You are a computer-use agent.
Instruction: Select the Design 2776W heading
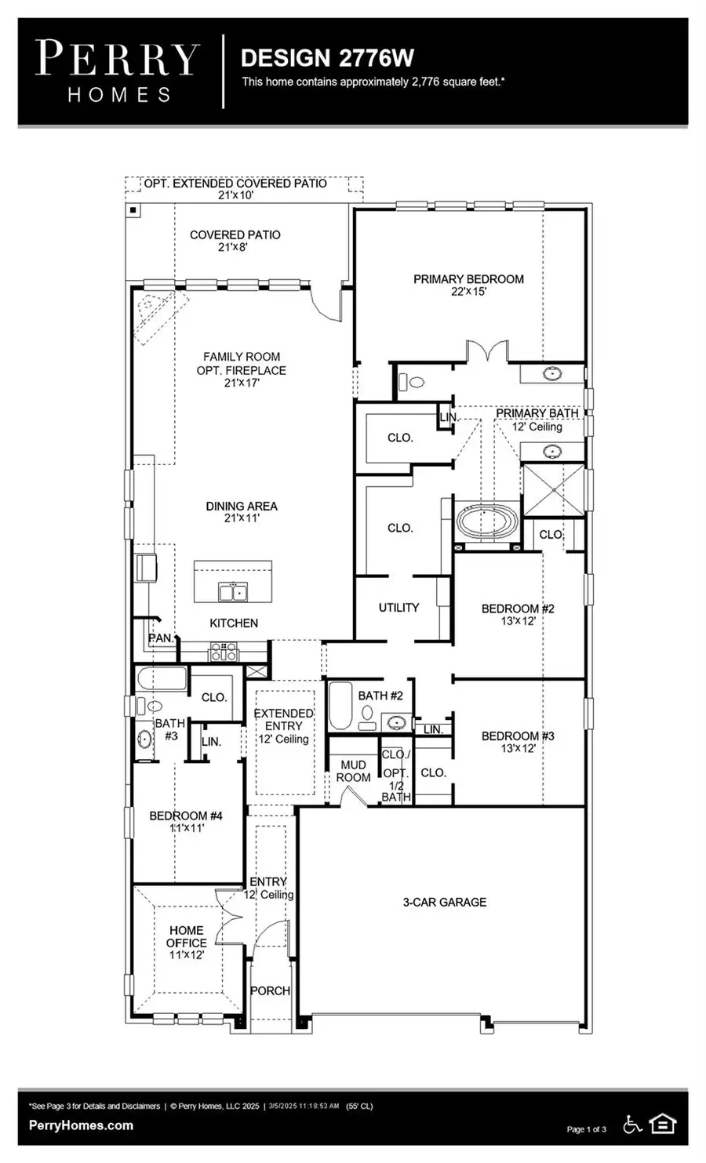[327, 57]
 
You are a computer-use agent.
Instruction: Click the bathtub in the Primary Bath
[487, 522]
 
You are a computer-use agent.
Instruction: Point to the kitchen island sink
[232, 592]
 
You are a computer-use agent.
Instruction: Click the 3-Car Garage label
[444, 902]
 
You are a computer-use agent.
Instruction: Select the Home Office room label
[187, 942]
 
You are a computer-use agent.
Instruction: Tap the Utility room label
[398, 607]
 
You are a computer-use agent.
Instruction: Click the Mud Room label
[353, 771]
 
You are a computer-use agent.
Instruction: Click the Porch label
[270, 990]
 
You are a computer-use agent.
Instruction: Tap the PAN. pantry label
[161, 638]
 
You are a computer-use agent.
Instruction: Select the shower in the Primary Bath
[554, 490]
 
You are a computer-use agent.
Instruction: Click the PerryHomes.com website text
[81, 1125]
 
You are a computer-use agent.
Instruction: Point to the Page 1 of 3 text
[586, 1129]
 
